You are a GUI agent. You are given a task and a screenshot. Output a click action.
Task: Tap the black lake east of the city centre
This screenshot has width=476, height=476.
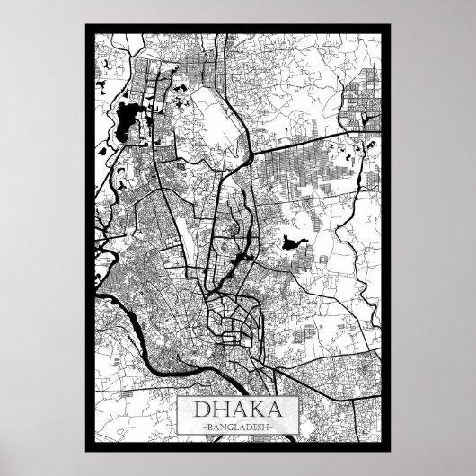click(x=291, y=242)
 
